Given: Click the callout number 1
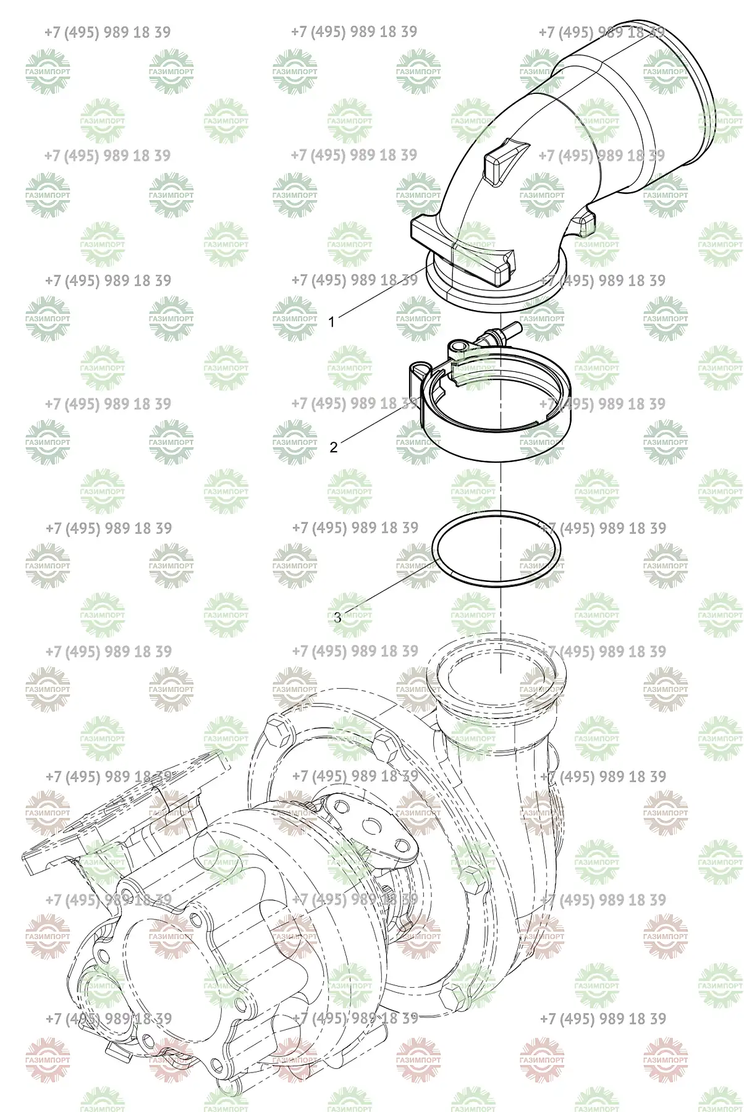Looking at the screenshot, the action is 332,322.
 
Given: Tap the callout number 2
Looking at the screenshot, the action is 334,447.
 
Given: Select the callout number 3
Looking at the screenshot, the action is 337,617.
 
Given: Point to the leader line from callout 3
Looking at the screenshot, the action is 386,589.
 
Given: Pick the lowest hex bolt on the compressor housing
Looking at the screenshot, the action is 454,995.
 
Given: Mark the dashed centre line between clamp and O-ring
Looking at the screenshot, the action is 499,487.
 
